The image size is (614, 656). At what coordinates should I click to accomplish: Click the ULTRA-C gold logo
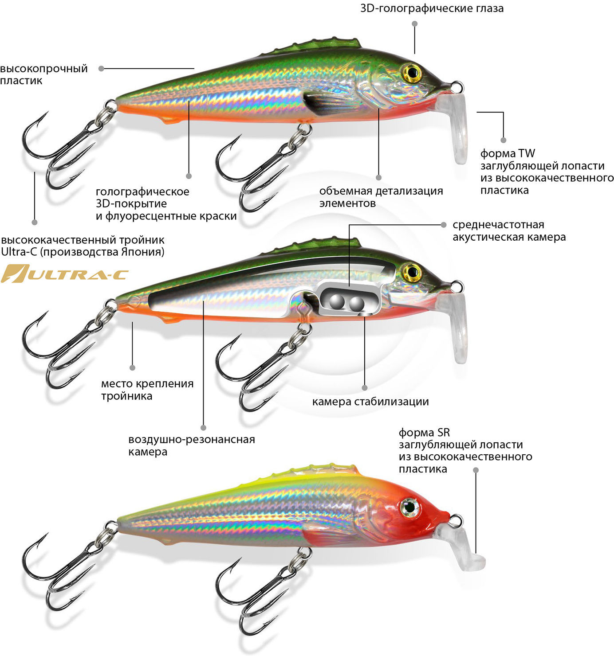point(64,273)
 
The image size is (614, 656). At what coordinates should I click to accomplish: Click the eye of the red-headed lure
point(410,507)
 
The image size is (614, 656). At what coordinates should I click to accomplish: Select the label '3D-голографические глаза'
point(432,8)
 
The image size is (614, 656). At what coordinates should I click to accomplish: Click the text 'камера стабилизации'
point(370,402)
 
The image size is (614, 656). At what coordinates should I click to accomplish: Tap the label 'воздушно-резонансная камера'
point(192,445)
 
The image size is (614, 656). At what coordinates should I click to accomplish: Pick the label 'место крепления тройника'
point(147,390)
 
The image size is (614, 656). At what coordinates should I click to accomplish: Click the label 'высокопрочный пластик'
point(43,74)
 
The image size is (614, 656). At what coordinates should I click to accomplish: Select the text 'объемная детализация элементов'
point(381,197)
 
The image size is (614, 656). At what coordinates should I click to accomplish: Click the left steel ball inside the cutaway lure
point(337,301)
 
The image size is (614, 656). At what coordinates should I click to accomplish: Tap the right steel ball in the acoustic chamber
point(357,303)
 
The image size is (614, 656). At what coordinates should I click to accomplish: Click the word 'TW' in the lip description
point(526,153)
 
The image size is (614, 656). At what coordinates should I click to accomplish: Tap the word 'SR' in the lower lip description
point(443,432)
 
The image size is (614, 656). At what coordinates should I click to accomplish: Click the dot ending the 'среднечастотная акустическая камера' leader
point(444,225)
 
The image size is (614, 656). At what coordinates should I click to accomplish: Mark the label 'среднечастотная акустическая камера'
point(509,230)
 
